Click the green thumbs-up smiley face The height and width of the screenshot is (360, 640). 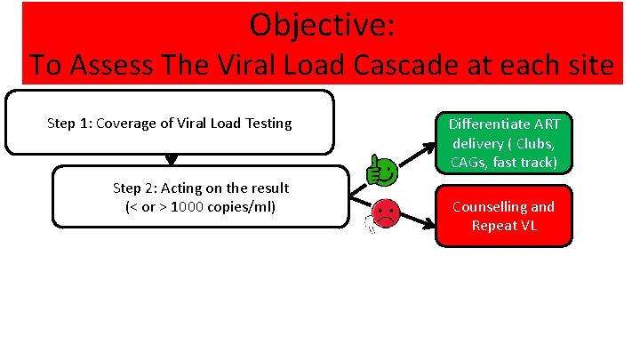pyautogui.click(x=381, y=170)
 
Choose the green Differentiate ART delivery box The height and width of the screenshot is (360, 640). pyautogui.click(x=503, y=142)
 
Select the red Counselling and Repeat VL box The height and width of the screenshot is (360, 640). pyautogui.click(x=503, y=216)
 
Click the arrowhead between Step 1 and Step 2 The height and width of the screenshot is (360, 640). pyautogui.click(x=172, y=160)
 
